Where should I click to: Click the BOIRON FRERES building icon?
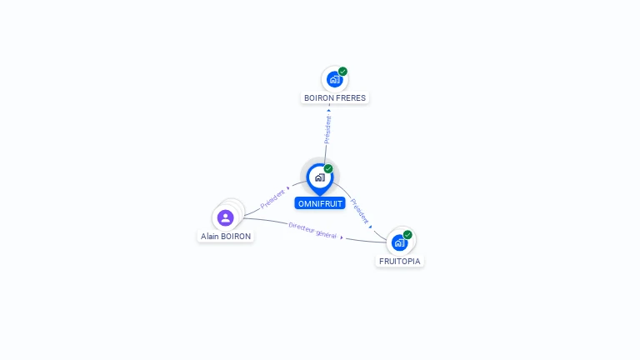click(x=334, y=80)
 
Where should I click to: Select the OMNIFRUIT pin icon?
click(x=319, y=177)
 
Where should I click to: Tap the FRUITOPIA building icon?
click(x=399, y=243)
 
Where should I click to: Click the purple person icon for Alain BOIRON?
click(x=225, y=217)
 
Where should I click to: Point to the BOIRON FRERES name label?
click(x=334, y=97)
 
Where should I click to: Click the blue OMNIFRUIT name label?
click(x=320, y=203)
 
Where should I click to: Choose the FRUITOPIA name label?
click(x=400, y=261)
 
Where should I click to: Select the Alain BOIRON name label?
click(x=226, y=236)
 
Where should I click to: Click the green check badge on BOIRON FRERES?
click(x=342, y=72)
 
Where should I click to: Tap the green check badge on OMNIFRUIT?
click(x=328, y=168)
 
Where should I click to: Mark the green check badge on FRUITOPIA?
click(x=407, y=235)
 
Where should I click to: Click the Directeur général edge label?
click(x=312, y=230)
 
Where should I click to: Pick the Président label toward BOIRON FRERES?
click(x=327, y=129)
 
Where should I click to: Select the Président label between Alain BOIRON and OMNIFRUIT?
click(x=272, y=197)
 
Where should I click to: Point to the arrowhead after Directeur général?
click(x=342, y=237)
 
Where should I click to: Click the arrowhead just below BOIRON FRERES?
click(x=329, y=109)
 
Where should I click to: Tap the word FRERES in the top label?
click(x=350, y=97)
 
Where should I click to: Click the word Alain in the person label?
click(x=210, y=236)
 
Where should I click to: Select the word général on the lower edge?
click(x=325, y=234)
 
